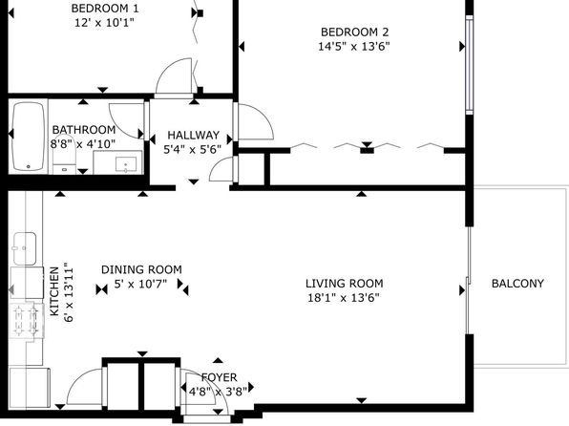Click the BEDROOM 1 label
(x=105, y=8)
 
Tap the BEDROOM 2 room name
(x=354, y=32)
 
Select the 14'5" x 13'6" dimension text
(x=354, y=47)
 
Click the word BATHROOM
(x=84, y=130)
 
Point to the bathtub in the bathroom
(x=28, y=137)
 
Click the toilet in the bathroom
(x=64, y=160)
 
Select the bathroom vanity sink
(x=126, y=164)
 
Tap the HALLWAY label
(x=193, y=135)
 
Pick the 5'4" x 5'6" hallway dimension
(x=192, y=149)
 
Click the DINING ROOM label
(x=141, y=269)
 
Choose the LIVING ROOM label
(x=344, y=284)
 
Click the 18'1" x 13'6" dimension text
(x=344, y=298)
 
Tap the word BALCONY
(x=517, y=284)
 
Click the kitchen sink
(x=25, y=248)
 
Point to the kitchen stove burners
(x=26, y=320)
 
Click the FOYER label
(x=220, y=377)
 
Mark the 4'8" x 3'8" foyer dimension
(x=218, y=392)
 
